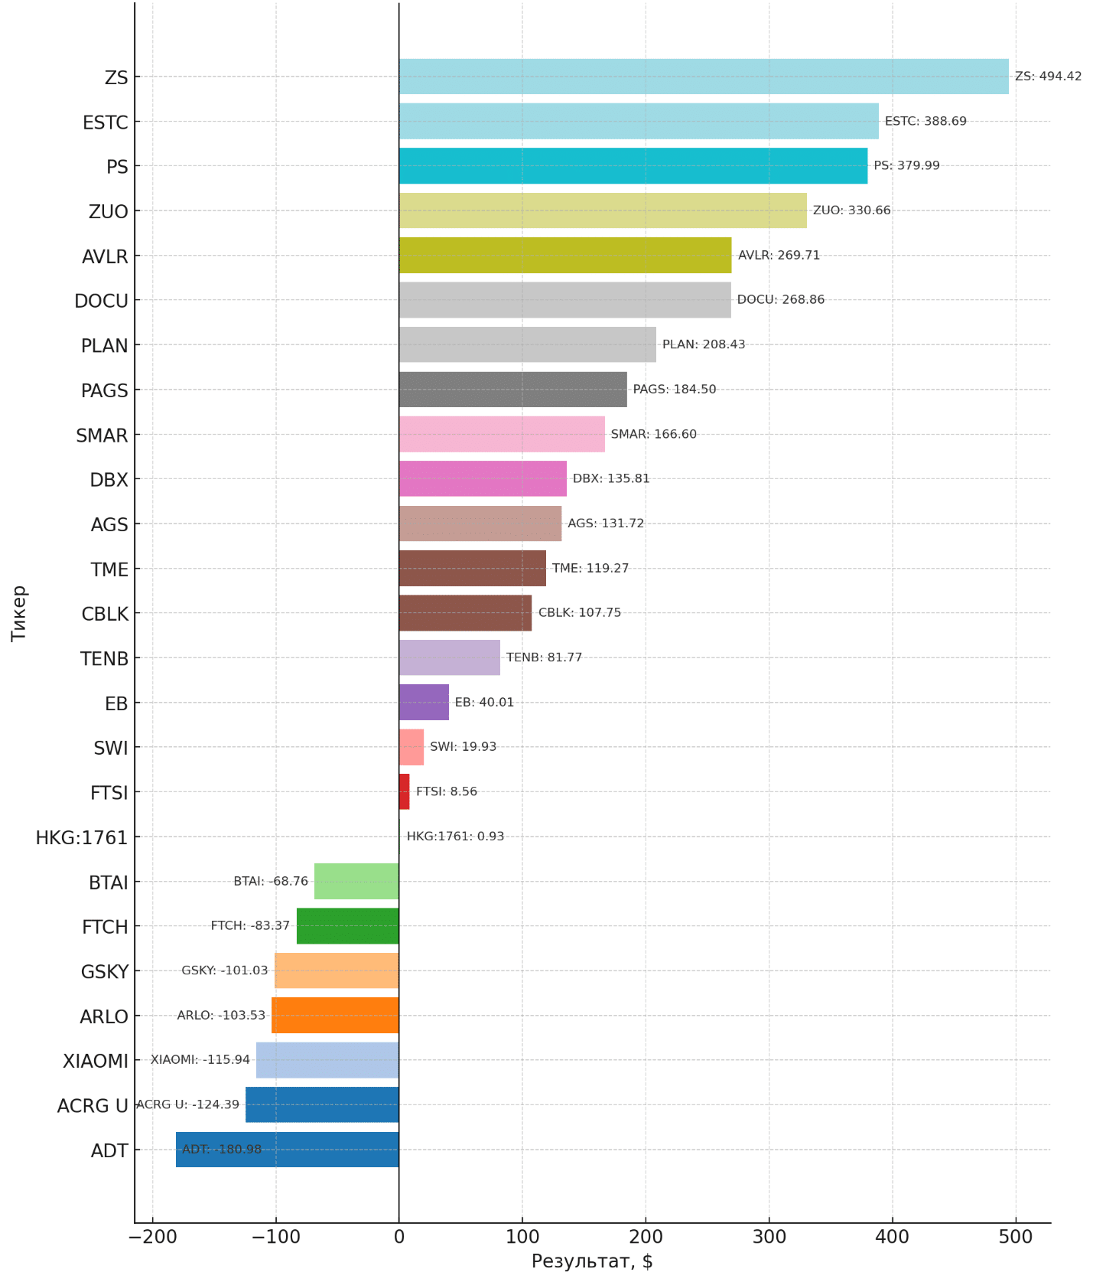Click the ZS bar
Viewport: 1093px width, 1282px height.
click(704, 77)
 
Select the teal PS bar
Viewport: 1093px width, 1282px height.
click(633, 166)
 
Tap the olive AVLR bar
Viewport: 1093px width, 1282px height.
click(565, 256)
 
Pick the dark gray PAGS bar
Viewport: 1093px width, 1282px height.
click(512, 390)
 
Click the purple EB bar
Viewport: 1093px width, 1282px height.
click(424, 703)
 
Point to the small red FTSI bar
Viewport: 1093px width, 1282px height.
click(404, 792)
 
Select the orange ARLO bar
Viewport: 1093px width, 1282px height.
click(335, 1016)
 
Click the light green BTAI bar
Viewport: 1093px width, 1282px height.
click(356, 882)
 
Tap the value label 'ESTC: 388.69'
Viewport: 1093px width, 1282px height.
click(925, 121)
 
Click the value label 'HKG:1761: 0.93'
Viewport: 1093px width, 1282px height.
click(455, 837)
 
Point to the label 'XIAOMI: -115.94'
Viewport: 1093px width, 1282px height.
click(200, 1060)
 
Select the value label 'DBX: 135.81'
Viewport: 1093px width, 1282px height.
click(611, 478)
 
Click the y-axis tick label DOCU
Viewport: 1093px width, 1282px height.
click(101, 301)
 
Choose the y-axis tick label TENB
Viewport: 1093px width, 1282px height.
click(104, 659)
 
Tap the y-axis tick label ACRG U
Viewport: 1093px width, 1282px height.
click(93, 1106)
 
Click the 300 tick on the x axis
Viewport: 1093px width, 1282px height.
click(769, 1237)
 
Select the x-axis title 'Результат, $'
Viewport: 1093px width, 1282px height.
click(592, 1261)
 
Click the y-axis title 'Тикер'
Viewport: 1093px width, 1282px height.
click(18, 613)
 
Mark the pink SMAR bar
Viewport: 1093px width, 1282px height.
click(502, 435)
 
